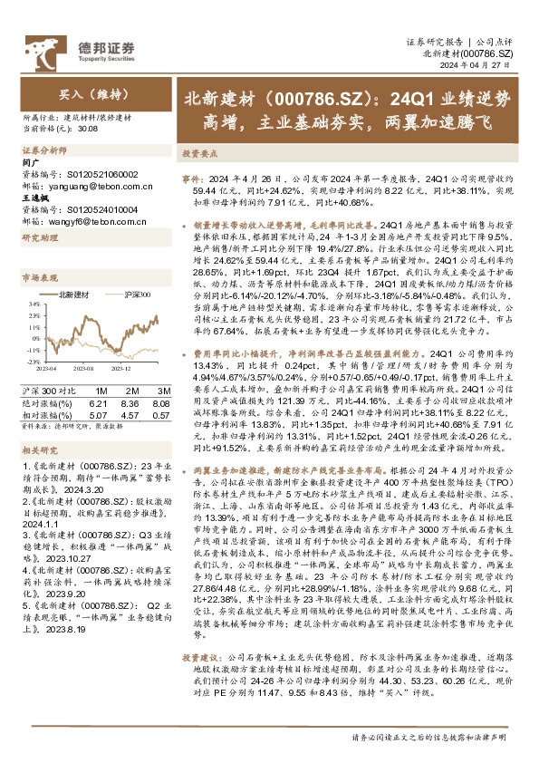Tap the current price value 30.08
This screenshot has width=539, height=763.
pyautogui.click(x=88, y=129)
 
